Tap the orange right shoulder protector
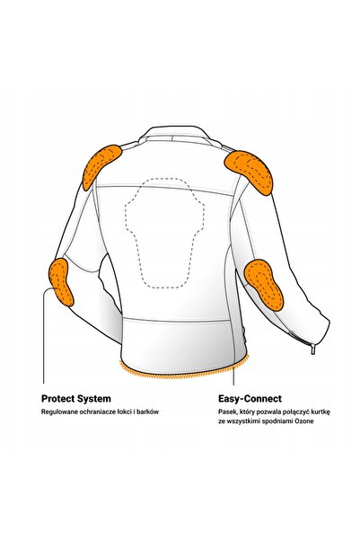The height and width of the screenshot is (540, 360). pyautogui.click(x=249, y=171)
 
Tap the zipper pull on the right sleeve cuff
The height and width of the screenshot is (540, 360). pyautogui.click(x=312, y=349)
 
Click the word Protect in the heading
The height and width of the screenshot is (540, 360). pyautogui.click(x=57, y=399)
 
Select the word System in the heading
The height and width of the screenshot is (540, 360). pyautogui.click(x=94, y=399)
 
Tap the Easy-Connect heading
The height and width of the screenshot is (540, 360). pyautogui.click(x=250, y=399)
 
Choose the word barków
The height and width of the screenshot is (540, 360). pyautogui.click(x=150, y=412)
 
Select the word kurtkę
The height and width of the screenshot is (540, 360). pyautogui.click(x=320, y=412)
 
